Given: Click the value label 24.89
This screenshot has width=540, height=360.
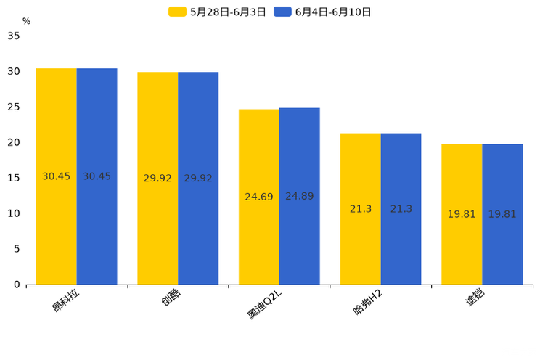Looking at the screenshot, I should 300,196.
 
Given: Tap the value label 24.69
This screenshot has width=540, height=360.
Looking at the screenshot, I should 259,197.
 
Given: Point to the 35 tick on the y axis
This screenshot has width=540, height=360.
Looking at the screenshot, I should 14,36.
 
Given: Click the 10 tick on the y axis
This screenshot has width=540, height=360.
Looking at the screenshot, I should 14,213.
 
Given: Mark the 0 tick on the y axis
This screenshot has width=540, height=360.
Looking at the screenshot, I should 17,285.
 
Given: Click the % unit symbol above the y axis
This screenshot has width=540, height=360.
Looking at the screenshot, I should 26,21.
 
